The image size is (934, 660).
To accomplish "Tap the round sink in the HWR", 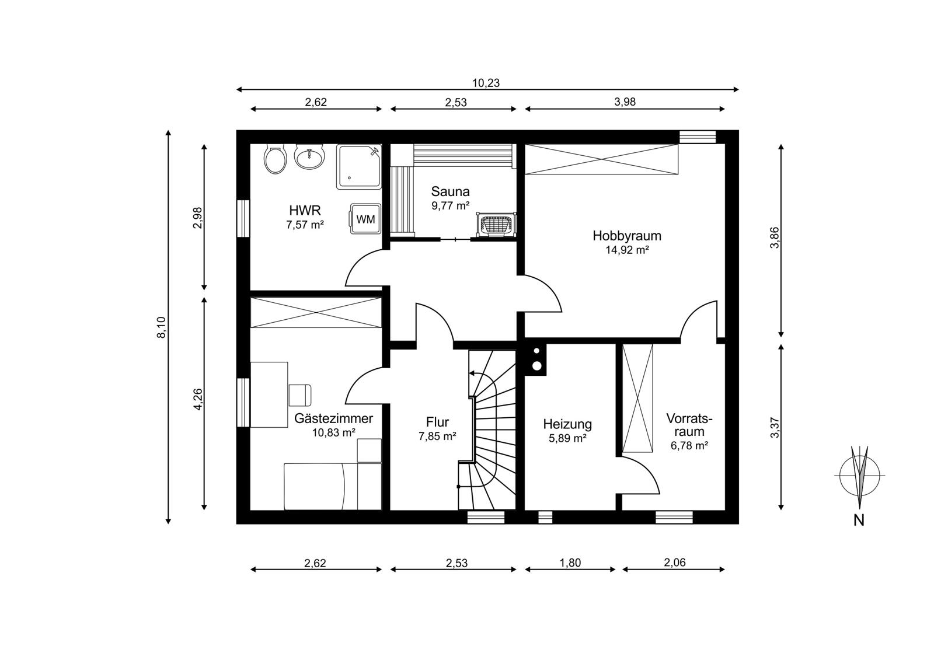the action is (309, 157).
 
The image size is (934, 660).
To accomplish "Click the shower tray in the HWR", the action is (359, 167).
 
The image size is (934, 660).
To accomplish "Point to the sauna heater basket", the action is (496, 225).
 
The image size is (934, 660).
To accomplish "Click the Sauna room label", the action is (450, 191).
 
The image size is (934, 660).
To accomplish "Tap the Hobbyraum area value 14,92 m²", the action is (627, 250).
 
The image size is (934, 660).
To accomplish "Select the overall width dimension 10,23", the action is (486, 83).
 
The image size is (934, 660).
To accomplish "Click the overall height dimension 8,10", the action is (161, 327).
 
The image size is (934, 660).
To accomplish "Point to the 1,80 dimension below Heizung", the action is (570, 563).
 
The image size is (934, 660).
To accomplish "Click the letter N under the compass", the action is (859, 521).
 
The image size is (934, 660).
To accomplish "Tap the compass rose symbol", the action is (859, 475).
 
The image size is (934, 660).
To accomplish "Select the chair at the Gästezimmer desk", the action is (300, 395).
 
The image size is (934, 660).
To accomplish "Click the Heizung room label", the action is (567, 424).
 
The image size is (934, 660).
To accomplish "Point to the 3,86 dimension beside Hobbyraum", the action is (774, 238).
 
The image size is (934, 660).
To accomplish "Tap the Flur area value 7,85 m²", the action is (437, 436).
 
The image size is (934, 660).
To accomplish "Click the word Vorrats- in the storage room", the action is (689, 418).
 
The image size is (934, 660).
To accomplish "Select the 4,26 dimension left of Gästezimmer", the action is (198, 399).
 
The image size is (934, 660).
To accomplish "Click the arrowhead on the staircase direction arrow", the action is (472, 373).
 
